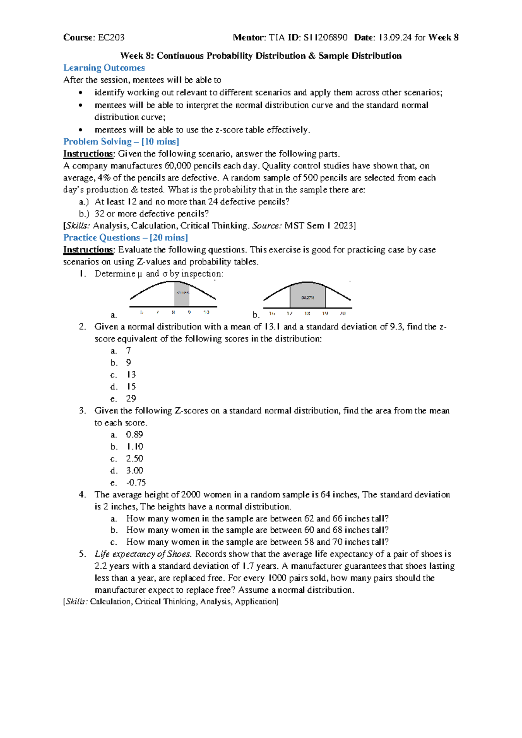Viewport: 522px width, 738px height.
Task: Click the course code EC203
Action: tap(111, 37)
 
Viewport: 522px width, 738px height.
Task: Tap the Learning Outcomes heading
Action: tap(104, 68)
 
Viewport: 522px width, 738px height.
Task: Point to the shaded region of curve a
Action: tap(182, 294)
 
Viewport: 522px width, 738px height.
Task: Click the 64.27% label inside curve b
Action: tap(307, 298)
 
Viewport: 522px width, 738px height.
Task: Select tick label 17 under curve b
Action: tap(289, 314)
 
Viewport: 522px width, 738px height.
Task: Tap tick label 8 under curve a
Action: tap(173, 312)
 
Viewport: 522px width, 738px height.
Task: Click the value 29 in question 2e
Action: tap(131, 399)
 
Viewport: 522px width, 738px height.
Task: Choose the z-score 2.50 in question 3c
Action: tap(134, 459)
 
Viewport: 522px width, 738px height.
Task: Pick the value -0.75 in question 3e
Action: tap(136, 483)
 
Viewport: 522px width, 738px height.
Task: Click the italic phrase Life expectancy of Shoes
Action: tap(143, 554)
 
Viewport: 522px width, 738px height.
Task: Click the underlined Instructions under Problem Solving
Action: tap(88, 154)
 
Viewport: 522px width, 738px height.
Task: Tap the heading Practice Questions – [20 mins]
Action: tap(125, 238)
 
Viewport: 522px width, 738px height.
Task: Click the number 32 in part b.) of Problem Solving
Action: tap(99, 214)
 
